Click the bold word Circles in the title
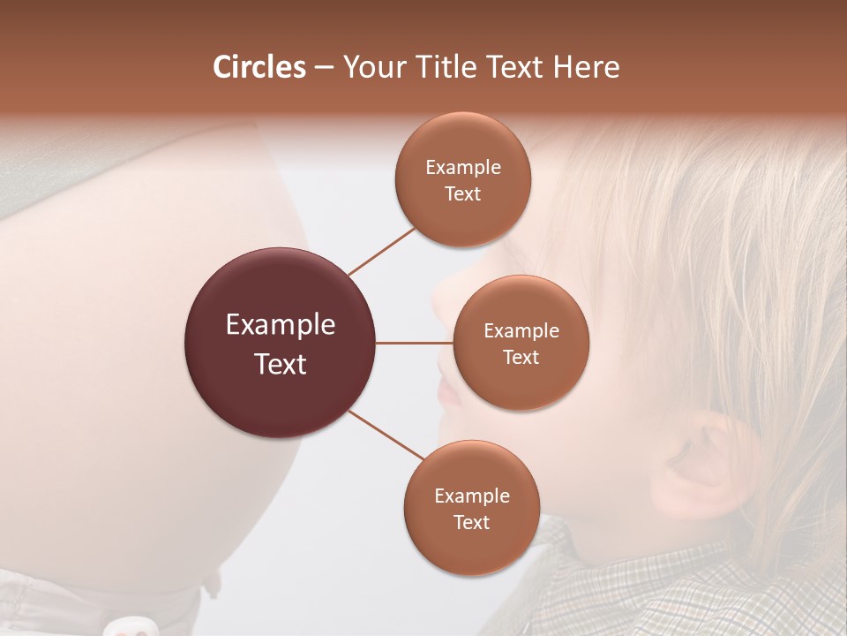tap(259, 67)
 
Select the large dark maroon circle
tap(280, 344)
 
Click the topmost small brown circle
tap(462, 179)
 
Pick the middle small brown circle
tap(521, 343)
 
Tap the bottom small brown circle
tap(471, 508)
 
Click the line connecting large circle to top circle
tap(383, 251)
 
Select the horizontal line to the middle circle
tap(414, 343)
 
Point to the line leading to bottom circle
tap(386, 435)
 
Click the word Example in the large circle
tap(280, 325)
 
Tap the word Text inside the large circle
tap(280, 364)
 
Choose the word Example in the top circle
tap(462, 168)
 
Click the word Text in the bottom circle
tap(471, 522)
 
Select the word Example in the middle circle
tap(521, 331)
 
